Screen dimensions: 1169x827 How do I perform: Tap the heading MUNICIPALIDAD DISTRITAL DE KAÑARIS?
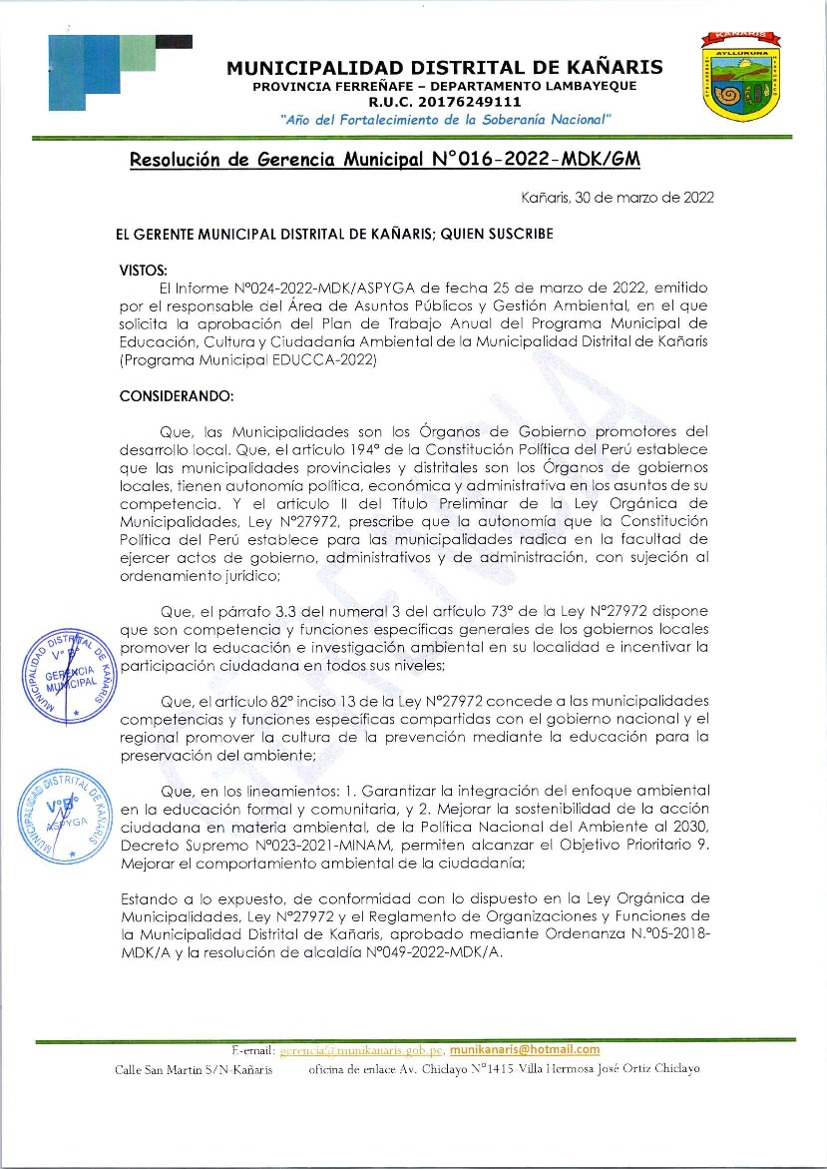[444, 68]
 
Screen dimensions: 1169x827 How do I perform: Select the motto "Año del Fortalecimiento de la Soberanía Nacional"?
[446, 119]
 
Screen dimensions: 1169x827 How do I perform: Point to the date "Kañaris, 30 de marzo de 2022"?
[618, 198]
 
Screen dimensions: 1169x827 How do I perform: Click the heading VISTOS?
[144, 271]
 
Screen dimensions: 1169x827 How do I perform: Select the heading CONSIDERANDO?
[176, 395]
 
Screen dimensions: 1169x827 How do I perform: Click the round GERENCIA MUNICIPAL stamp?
[67, 675]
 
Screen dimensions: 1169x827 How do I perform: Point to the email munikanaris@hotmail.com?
[525, 1049]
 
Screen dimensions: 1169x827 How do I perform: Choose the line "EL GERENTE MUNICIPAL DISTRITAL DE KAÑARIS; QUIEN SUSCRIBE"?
[335, 234]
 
